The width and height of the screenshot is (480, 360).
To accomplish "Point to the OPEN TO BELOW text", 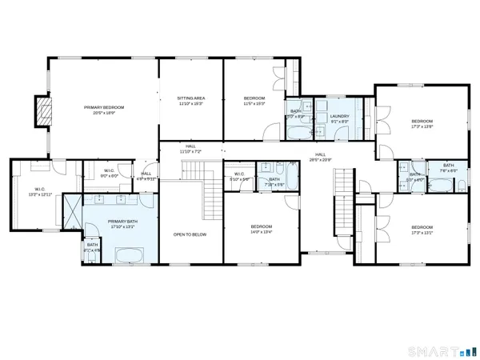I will pos(190,234).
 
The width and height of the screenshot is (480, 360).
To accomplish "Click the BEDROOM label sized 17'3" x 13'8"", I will pos(422,121).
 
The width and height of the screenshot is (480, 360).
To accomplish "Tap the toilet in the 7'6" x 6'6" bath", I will pos(463,186).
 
